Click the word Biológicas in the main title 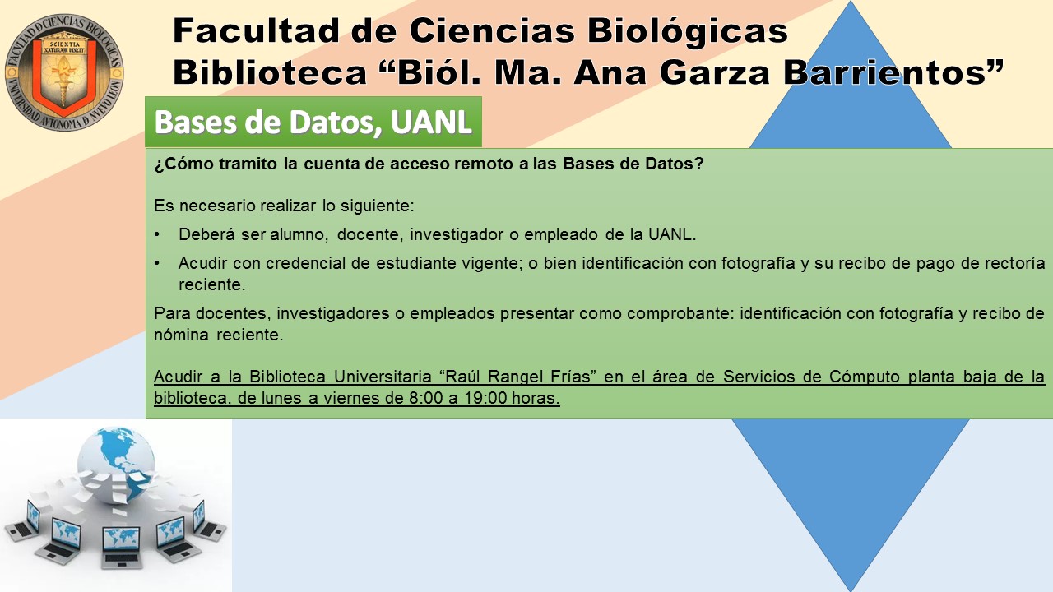tap(687, 32)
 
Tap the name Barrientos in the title tap(893, 72)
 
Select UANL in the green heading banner tap(431, 123)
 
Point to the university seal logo tap(64, 72)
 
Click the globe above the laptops tap(116, 465)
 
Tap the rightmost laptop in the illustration tap(208, 520)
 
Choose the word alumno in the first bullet tap(299, 234)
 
